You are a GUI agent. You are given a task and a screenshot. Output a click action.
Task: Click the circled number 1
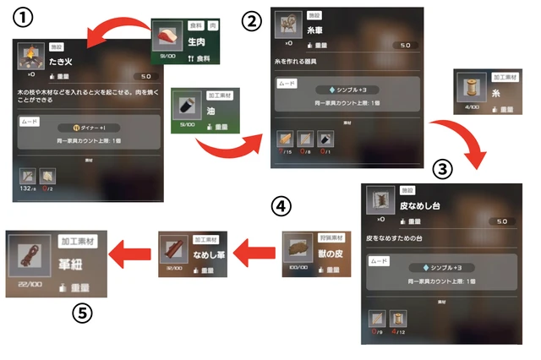click(x=25, y=19)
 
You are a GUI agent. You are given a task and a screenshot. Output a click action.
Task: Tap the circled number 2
click(x=250, y=21)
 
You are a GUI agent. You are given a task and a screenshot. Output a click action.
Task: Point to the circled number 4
click(x=282, y=205)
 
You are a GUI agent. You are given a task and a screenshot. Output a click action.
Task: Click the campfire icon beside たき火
click(x=31, y=57)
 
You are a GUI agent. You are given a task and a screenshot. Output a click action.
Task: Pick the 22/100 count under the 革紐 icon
click(x=30, y=285)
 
